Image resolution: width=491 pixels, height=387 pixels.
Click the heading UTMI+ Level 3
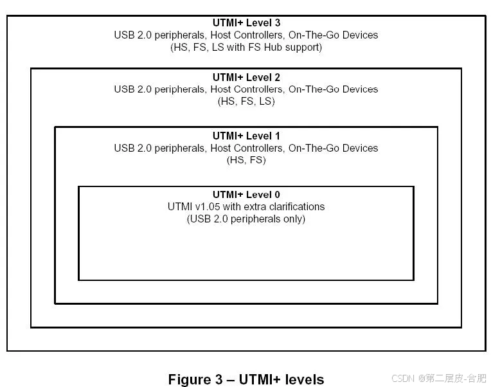click(x=246, y=22)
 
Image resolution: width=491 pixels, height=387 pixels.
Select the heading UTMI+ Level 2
click(x=246, y=77)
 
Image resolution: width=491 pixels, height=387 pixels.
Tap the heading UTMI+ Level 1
click(x=246, y=136)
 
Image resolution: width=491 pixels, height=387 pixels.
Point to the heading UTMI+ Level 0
click(x=246, y=194)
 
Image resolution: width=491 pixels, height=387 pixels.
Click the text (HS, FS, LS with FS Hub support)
click(x=246, y=47)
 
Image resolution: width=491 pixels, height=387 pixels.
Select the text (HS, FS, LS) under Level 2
click(x=246, y=102)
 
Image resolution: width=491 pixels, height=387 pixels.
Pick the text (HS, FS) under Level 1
click(x=246, y=160)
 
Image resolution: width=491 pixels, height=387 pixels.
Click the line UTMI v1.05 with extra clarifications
click(x=246, y=206)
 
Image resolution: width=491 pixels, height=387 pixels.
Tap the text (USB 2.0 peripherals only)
click(x=246, y=219)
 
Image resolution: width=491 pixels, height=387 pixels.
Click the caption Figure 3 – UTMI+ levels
click(x=246, y=379)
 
